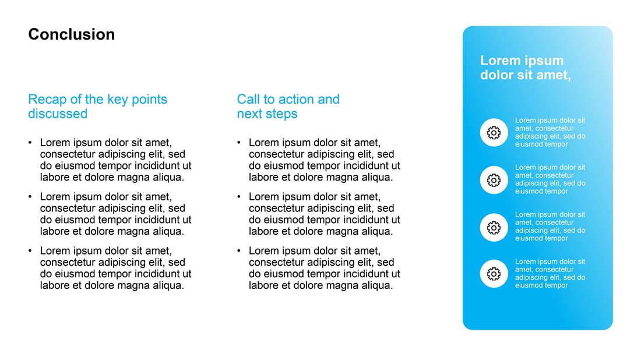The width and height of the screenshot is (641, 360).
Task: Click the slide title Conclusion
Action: click(x=72, y=34)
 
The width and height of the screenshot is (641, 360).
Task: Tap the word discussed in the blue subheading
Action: click(x=58, y=114)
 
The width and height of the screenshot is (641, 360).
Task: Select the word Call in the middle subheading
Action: click(x=248, y=99)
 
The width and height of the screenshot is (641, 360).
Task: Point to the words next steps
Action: click(x=267, y=114)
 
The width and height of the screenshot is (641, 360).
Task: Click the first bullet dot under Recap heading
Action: click(x=30, y=143)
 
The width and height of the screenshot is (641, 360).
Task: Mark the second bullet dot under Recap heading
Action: click(x=30, y=196)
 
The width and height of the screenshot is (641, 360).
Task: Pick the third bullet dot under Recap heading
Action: click(x=30, y=250)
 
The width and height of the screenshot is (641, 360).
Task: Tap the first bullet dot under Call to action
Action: click(x=239, y=143)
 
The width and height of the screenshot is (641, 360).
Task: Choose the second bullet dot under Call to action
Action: click(x=239, y=196)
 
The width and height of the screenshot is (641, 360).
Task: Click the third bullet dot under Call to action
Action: click(x=239, y=250)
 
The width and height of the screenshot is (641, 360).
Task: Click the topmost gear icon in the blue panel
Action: click(x=494, y=133)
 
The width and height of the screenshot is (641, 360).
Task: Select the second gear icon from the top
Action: click(x=494, y=180)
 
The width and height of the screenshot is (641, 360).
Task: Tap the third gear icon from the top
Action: click(x=494, y=228)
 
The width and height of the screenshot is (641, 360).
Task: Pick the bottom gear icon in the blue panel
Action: click(x=494, y=274)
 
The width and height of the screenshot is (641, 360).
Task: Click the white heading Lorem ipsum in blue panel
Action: click(x=522, y=61)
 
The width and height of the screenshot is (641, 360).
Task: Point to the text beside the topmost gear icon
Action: click(x=550, y=132)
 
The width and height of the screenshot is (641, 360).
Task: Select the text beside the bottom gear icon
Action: click(x=550, y=273)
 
